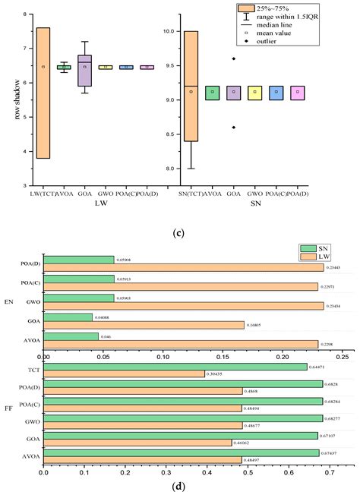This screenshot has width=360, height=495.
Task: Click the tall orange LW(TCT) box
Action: coord(43,93)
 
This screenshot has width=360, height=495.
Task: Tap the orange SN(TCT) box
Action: coord(191,97)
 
